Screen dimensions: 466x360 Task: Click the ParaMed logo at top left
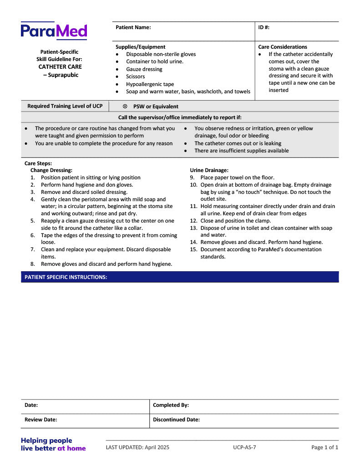coord(54,31)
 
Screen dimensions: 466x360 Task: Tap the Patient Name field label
coord(133,27)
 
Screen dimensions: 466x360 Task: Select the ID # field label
coord(264,27)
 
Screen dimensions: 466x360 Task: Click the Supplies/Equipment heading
coord(140,47)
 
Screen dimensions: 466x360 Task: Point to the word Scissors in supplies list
coord(135,76)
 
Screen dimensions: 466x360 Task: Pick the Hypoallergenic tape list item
coord(150,84)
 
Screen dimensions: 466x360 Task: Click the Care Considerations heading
coord(282,47)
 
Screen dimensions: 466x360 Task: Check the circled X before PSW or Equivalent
coord(125,106)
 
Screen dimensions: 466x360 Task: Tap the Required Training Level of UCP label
coord(65,106)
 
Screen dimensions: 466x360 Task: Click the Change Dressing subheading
coord(51,170)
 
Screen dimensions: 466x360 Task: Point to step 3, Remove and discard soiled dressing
coord(84,192)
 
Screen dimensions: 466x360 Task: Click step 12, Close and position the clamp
coord(235,221)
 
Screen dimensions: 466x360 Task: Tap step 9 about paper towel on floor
coord(237,177)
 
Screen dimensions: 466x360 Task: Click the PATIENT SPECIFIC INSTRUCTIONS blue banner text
coord(66,277)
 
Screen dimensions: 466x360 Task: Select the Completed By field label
coord(171,405)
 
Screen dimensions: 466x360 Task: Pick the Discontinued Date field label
coord(176,420)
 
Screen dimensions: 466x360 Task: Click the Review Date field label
coord(41,420)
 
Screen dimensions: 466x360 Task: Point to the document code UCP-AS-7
coord(244,447)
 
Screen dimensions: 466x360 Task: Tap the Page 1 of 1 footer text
coord(325,447)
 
